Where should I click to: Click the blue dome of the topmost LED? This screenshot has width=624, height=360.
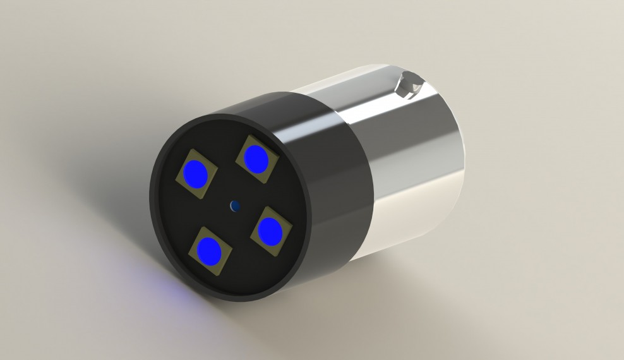(256, 159)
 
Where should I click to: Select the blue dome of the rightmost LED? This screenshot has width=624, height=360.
(272, 231)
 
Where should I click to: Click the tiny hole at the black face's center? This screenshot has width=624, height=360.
(235, 205)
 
